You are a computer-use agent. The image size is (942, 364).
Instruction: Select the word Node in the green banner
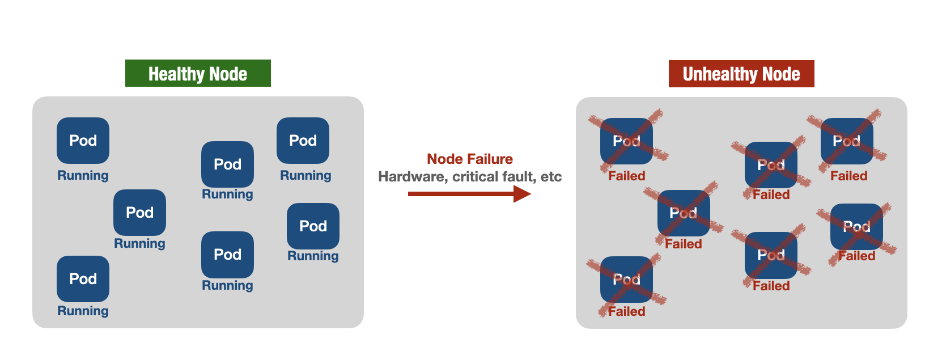click(228, 74)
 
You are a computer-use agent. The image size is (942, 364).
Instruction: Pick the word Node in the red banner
click(781, 74)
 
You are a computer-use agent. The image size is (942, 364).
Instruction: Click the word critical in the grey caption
click(475, 177)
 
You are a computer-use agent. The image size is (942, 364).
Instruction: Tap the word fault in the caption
click(519, 177)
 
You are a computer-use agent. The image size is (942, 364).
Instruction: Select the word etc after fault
click(551, 177)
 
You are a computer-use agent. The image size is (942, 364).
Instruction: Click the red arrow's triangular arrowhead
click(521, 194)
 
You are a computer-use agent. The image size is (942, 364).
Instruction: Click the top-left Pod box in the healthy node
click(83, 141)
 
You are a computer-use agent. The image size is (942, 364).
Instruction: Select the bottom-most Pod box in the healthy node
click(83, 279)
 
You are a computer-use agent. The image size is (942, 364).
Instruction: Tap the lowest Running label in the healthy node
click(83, 311)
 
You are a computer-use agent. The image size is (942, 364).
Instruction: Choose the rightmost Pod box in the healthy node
click(313, 226)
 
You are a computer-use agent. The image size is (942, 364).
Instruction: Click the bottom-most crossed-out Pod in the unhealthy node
click(626, 280)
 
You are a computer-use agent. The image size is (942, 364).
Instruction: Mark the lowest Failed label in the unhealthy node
click(626, 311)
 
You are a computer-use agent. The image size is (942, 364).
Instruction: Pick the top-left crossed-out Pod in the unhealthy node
click(626, 141)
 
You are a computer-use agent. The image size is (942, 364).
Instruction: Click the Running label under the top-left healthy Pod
click(83, 175)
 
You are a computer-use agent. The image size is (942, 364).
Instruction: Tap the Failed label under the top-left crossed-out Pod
click(626, 176)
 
